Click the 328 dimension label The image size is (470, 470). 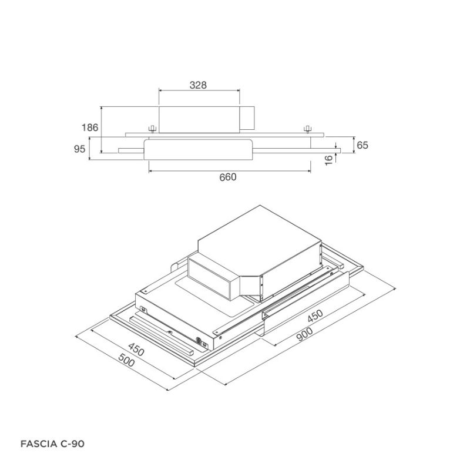tap(198, 85)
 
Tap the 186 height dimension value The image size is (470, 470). tap(90, 127)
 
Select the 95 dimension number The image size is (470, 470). tap(79, 149)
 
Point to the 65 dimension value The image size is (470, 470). tap(362, 145)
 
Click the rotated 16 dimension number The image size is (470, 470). tap(329, 159)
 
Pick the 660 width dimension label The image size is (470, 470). tap(228, 177)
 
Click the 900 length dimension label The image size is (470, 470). tap(304, 334)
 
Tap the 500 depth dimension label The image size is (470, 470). tap(126, 360)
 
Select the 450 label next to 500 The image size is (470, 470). tap(136, 350)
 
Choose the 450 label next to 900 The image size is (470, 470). tap(315, 315)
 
